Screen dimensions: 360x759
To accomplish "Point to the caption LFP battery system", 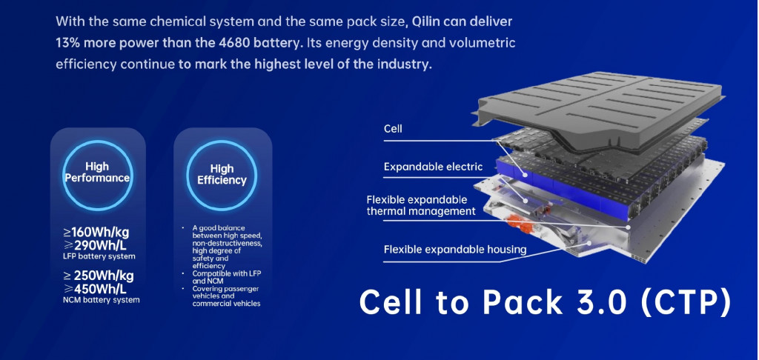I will (x=99, y=256).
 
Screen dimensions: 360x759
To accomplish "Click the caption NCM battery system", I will (x=101, y=300).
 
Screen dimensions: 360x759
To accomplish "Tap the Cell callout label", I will (x=393, y=130).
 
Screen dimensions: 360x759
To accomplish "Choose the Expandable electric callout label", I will (x=433, y=167).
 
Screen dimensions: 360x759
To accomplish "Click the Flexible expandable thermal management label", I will (x=420, y=205).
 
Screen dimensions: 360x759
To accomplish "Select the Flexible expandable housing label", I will (x=454, y=250).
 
